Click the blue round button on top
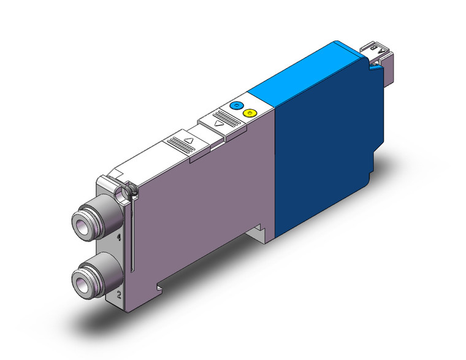tap(235, 105)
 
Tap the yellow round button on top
tap(249, 113)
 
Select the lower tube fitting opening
tap(83, 281)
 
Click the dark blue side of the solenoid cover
tap(322, 159)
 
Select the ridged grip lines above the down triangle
tap(223, 116)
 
